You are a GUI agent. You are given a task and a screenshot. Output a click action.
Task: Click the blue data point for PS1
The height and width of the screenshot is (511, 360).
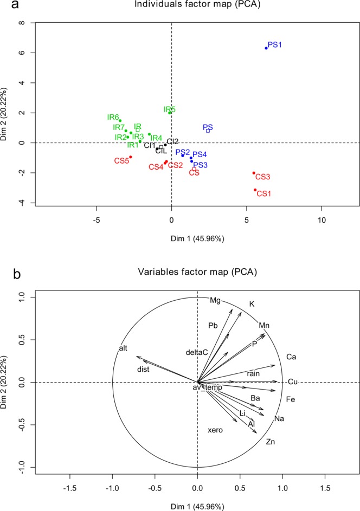pyautogui.click(x=266, y=48)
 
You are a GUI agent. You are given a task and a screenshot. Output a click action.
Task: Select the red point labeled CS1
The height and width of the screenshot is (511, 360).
pyautogui.click(x=255, y=190)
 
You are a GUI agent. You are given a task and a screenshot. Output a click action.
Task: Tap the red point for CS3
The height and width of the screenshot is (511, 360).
pyautogui.click(x=254, y=173)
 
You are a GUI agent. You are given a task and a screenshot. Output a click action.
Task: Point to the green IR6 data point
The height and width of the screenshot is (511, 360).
pyautogui.click(x=120, y=121)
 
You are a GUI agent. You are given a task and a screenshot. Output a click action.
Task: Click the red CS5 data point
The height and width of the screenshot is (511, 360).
pyautogui.click(x=131, y=157)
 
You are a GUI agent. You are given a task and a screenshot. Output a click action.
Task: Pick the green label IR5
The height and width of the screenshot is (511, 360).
pyautogui.click(x=170, y=109)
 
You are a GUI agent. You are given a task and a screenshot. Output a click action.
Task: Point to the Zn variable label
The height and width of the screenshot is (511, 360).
pyautogui.click(x=271, y=442)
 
